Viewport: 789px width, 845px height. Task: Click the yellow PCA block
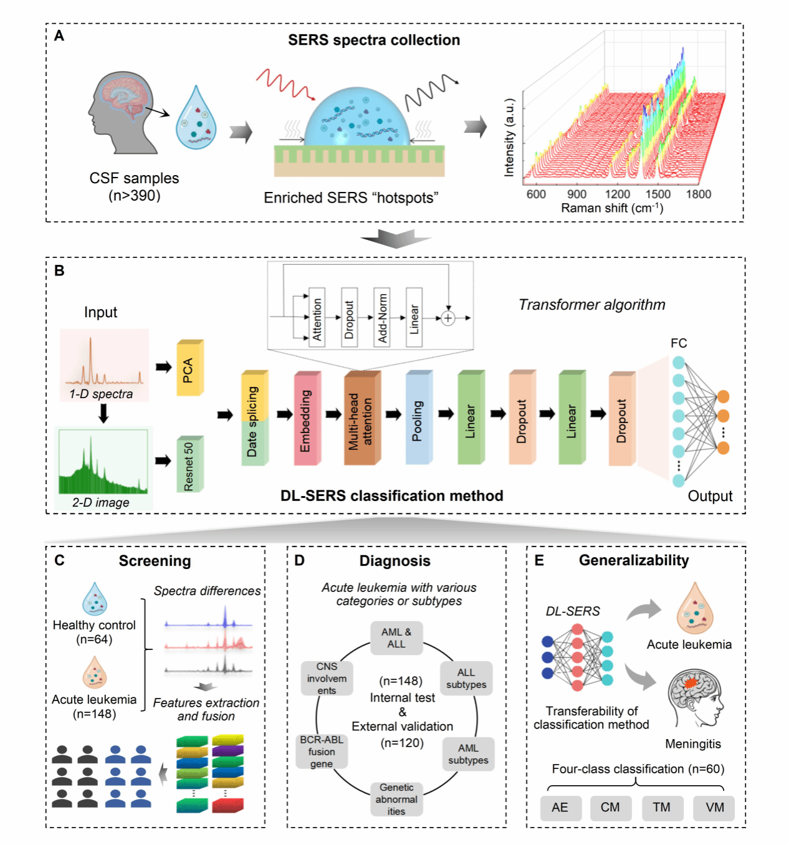click(189, 368)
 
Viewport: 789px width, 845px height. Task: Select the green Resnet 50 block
click(189, 465)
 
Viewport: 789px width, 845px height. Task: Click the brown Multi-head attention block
click(361, 419)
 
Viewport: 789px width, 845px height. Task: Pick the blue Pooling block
click(418, 419)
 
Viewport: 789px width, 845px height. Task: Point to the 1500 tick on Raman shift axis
click(658, 194)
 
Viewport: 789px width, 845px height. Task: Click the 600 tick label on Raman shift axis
click(537, 194)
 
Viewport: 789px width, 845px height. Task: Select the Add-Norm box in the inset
click(381, 317)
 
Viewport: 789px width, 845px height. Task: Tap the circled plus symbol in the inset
click(447, 318)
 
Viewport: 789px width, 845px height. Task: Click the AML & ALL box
click(396, 638)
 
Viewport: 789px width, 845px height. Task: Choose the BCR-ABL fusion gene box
click(322, 752)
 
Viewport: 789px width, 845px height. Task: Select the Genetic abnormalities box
click(396, 799)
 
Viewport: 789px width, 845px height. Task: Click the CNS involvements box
click(327, 678)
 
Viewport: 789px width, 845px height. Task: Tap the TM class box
click(662, 808)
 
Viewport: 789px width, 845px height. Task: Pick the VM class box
click(714, 808)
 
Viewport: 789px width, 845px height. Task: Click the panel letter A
click(59, 36)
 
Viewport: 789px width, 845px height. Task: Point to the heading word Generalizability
click(634, 560)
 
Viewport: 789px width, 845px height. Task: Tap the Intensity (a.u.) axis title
click(510, 137)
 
